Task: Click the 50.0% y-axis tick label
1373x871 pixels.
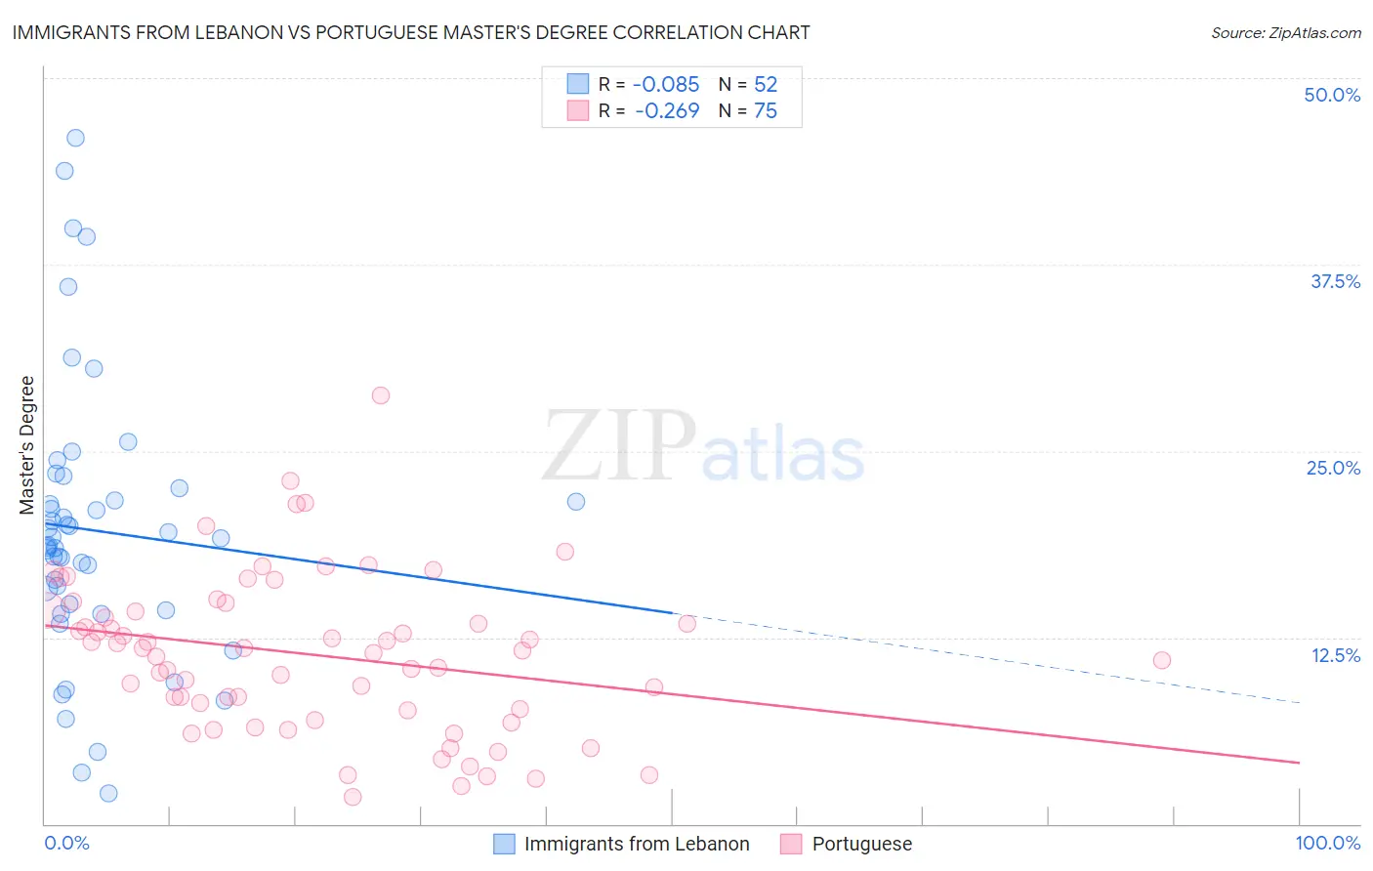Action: coord(1332,95)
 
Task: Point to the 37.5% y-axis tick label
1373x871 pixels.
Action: coord(1335,281)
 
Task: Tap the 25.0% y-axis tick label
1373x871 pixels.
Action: coord(1333,468)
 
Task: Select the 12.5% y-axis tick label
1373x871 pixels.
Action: coord(1335,655)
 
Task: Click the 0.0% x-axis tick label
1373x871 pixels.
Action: coord(66,843)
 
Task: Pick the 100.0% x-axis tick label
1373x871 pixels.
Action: coord(1327,843)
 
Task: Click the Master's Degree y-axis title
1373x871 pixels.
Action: coord(27,445)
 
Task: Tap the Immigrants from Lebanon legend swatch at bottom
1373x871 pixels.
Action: coord(504,844)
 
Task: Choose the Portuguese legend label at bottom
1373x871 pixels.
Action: coord(861,844)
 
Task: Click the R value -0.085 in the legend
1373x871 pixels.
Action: coord(666,85)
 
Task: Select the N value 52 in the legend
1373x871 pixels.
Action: coord(766,85)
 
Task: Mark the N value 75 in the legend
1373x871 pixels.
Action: coord(766,111)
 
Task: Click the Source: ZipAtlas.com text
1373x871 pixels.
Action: coord(1285,33)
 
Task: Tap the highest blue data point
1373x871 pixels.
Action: coord(75,138)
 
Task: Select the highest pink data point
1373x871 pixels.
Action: coord(381,395)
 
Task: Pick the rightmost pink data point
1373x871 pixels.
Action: coord(1161,660)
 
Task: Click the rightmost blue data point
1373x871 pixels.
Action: coord(576,502)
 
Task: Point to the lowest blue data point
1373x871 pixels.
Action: coord(108,793)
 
